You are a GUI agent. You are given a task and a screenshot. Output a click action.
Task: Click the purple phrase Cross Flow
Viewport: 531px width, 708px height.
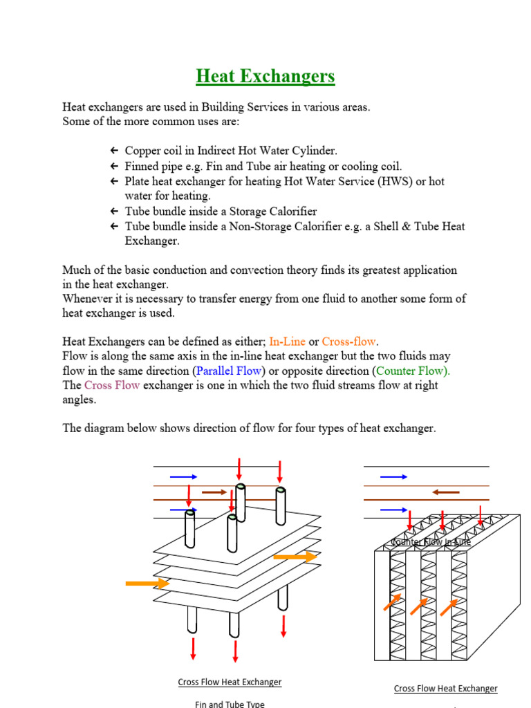pyautogui.click(x=112, y=385)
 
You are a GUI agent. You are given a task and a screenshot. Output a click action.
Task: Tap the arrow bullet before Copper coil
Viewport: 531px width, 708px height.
pyautogui.click(x=114, y=151)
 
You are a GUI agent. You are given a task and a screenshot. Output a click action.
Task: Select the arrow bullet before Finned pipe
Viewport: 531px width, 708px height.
pyautogui.click(x=114, y=166)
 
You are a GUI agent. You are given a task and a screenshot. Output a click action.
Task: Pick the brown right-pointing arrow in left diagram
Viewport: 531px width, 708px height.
pyautogui.click(x=214, y=492)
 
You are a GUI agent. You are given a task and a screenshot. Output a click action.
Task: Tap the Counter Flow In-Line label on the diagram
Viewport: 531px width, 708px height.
pyautogui.click(x=431, y=542)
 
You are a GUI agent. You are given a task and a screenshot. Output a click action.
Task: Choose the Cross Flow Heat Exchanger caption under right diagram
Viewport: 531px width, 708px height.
pyautogui.click(x=445, y=688)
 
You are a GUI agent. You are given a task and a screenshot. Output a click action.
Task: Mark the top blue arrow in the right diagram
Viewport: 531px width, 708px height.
pyautogui.click(x=394, y=476)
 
